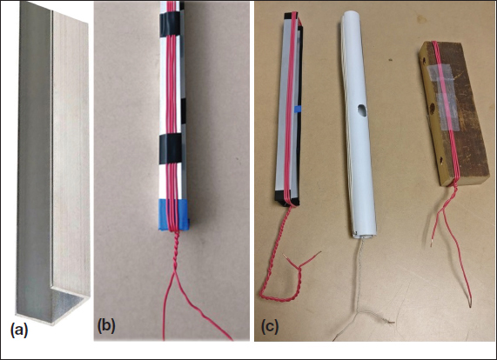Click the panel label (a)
coord(19,330)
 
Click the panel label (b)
coord(106,327)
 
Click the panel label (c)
coord(270,327)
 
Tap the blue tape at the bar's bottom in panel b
coord(174,215)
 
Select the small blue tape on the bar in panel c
coord(299,109)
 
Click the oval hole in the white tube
coord(361,110)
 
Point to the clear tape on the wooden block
coord(442,97)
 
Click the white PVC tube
coord(358,123)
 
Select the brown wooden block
coord(453,114)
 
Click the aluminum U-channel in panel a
coord(52,164)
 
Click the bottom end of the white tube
coord(365,233)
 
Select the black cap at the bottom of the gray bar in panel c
coord(286,198)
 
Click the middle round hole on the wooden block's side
coord(433,110)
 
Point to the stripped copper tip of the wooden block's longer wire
coord(471,304)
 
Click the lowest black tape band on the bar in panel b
coord(171,149)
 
